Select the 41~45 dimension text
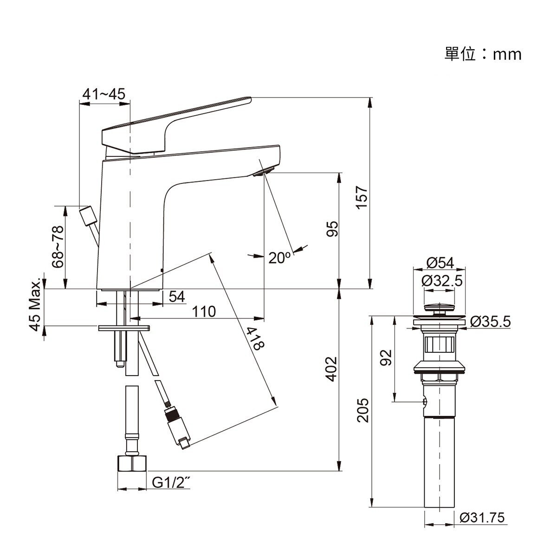(104, 94)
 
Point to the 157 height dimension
(362, 197)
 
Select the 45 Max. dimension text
(35, 306)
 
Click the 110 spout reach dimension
(204, 311)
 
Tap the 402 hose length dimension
(331, 369)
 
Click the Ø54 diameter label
(440, 263)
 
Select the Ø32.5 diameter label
(442, 281)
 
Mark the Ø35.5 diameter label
(490, 321)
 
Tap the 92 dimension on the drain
(386, 357)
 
